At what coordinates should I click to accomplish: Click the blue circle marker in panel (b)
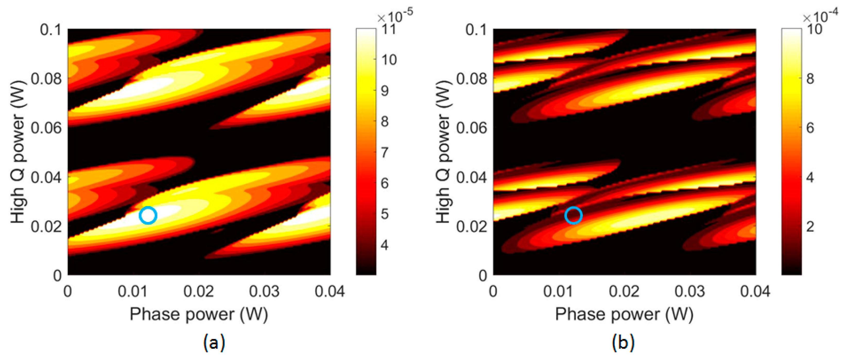(573, 215)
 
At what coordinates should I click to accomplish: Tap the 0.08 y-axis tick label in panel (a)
(46, 79)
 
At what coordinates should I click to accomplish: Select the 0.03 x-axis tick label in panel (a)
(264, 292)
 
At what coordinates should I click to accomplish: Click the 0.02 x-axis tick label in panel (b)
(624, 292)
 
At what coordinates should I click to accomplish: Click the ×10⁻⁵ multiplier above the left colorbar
(395, 15)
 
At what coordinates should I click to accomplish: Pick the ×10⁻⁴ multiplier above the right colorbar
(820, 15)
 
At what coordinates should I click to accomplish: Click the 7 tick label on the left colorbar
(385, 152)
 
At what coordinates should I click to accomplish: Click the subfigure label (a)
(214, 342)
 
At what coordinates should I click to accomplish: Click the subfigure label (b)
(623, 342)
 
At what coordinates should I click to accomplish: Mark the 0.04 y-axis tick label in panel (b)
(471, 177)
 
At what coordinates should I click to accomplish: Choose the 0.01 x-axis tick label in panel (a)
(133, 292)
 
